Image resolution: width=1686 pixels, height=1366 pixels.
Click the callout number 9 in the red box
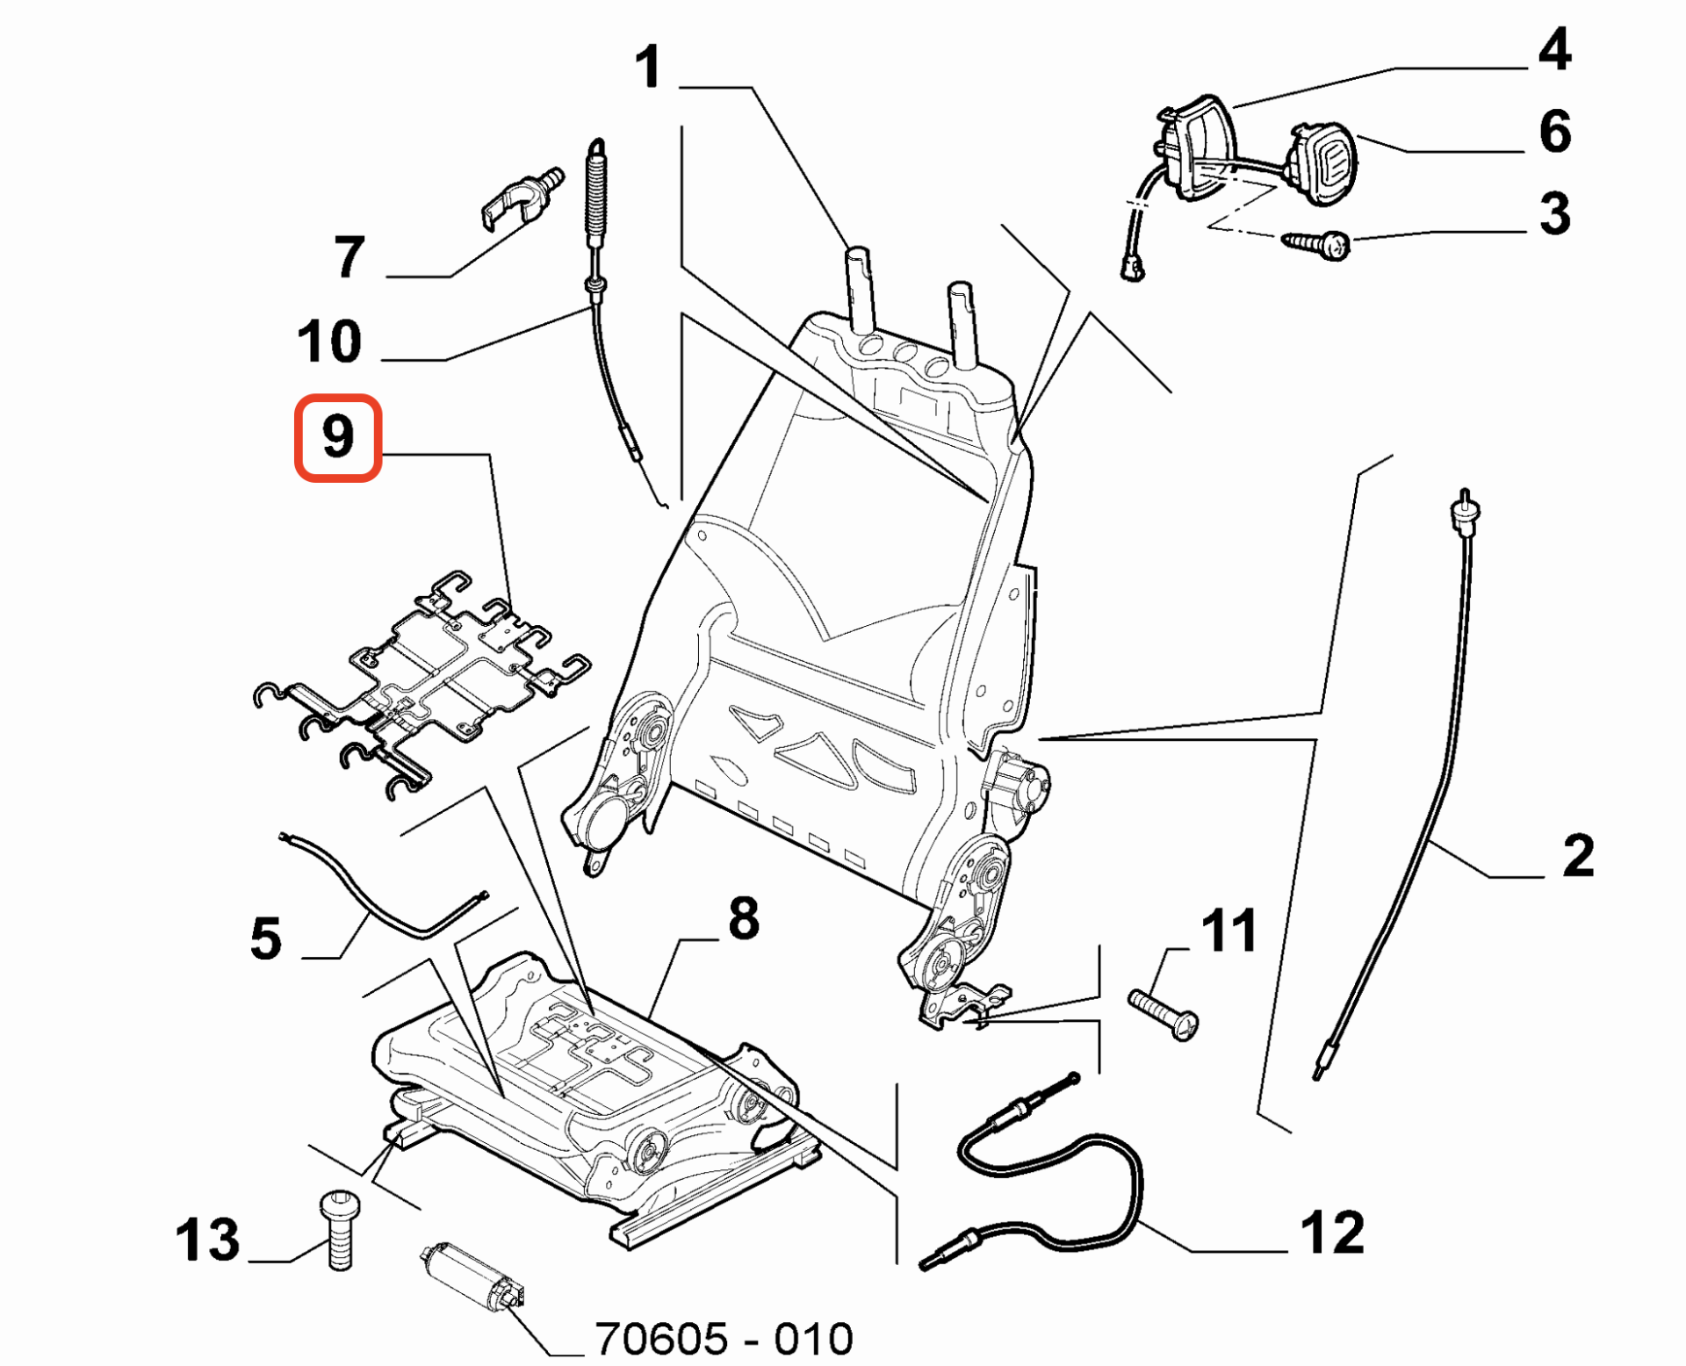point(338,436)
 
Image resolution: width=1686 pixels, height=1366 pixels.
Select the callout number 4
point(1553,50)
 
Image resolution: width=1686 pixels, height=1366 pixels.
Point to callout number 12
point(1332,1233)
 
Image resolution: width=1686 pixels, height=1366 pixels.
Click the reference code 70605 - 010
point(724,1339)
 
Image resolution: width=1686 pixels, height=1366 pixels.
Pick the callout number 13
point(207,1240)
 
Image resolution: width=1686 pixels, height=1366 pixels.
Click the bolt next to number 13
point(339,1229)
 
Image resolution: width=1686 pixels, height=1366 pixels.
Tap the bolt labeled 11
point(1164,1014)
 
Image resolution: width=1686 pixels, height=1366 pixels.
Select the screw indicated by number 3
point(1317,243)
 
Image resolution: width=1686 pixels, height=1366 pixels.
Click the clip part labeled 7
point(518,198)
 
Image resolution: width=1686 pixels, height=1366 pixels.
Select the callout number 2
point(1578,856)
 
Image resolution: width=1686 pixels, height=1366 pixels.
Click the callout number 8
point(743,919)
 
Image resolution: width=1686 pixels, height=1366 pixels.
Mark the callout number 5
point(266,938)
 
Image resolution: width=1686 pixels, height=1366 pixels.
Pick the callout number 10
point(329,341)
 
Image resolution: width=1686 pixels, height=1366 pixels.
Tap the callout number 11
point(1228,931)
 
